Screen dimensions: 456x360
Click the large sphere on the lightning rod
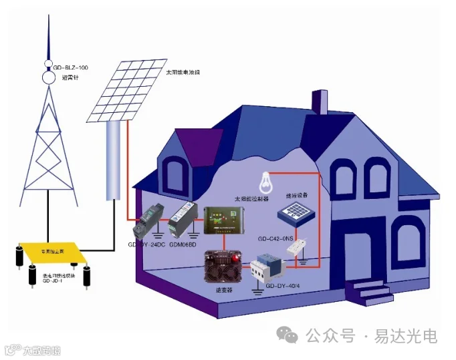(x=49, y=77)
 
